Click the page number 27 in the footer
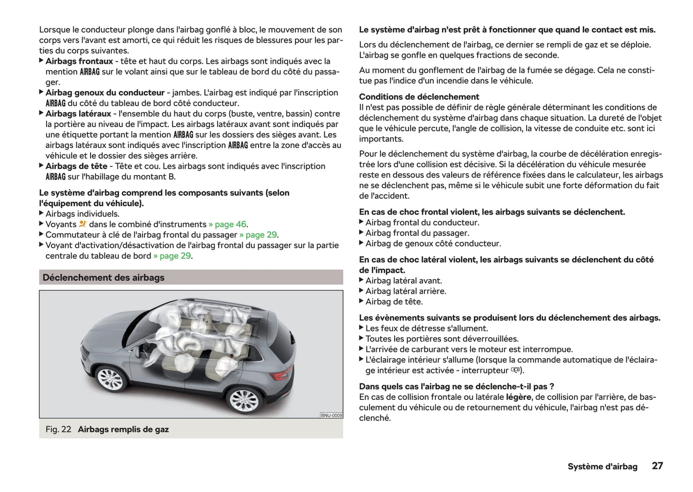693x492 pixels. pyautogui.click(x=657, y=466)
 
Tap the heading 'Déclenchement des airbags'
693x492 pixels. pyautogui.click(x=103, y=278)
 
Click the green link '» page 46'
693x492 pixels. pyautogui.click(x=228, y=224)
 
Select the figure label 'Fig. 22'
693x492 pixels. pyautogui.click(x=58, y=430)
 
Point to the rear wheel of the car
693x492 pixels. pyautogui.click(x=245, y=399)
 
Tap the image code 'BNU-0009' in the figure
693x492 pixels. pyautogui.click(x=331, y=415)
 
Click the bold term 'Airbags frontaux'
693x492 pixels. pyautogui.click(x=79, y=61)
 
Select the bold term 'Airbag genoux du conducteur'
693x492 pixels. pyautogui.click(x=105, y=93)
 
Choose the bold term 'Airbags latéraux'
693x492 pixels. pyautogui.click(x=78, y=114)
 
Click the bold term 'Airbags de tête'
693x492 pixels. pyautogui.click(x=76, y=166)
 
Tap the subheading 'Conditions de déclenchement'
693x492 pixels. pyautogui.click(x=419, y=97)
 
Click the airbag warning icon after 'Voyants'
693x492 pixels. pyautogui.click(x=83, y=224)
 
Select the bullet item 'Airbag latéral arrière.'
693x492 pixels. pyautogui.click(x=406, y=291)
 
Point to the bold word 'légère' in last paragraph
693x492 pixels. pyautogui.click(x=518, y=397)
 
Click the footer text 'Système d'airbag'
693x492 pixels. pyautogui.click(x=602, y=467)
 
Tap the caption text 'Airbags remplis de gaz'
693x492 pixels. pyautogui.click(x=123, y=430)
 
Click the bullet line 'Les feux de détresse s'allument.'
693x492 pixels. pyautogui.click(x=426, y=328)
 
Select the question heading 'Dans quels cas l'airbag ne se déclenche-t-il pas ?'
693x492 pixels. pyautogui.click(x=457, y=387)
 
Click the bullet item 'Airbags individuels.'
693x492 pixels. pyautogui.click(x=82, y=214)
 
